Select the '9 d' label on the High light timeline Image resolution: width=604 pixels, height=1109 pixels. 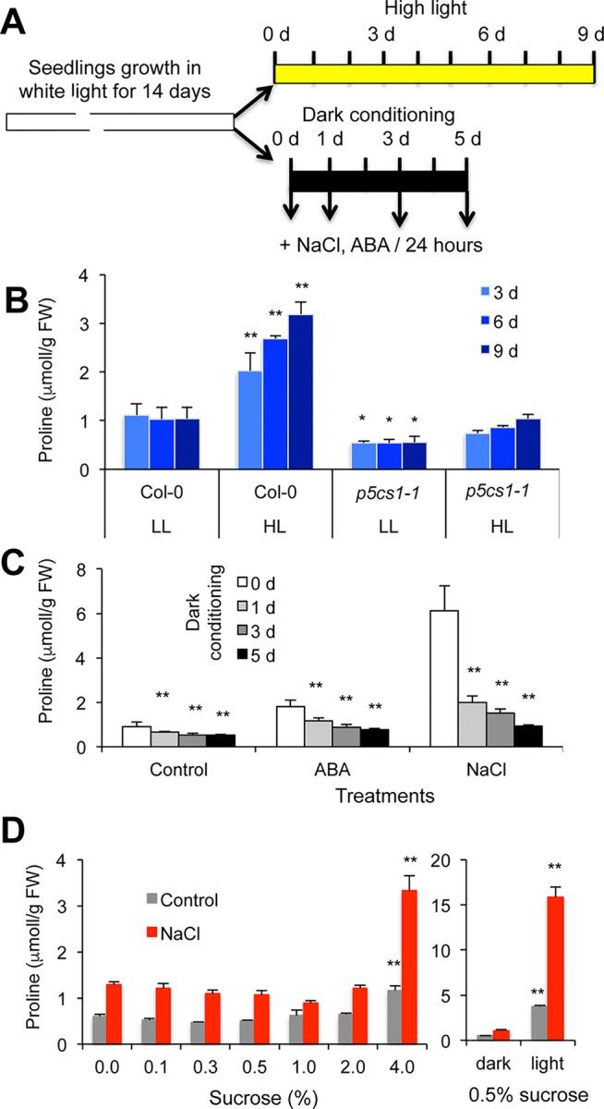[588, 34]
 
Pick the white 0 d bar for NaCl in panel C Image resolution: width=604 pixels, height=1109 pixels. [473, 678]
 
